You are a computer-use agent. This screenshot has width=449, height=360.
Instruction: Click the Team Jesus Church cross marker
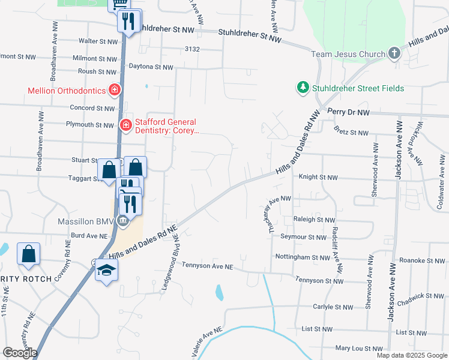click(394, 54)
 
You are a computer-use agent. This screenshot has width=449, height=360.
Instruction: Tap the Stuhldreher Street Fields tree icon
click(303, 88)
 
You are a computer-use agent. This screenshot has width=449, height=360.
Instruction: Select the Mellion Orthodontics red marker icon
click(115, 91)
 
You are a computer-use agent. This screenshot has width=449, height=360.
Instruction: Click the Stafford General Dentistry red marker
click(126, 125)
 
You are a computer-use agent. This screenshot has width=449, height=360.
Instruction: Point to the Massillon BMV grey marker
click(123, 222)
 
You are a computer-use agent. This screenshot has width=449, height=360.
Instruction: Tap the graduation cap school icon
click(106, 270)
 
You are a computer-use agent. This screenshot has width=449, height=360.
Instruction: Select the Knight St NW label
click(318, 178)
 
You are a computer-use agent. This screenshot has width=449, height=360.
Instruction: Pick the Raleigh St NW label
click(314, 220)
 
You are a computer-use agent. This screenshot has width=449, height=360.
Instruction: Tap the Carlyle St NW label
click(333, 307)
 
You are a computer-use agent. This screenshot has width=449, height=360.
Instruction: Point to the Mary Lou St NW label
click(359, 349)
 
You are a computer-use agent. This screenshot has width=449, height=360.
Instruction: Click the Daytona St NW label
click(155, 67)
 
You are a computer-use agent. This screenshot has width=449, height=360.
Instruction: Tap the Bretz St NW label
click(351, 132)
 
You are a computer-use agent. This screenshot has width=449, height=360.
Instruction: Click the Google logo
click(20, 353)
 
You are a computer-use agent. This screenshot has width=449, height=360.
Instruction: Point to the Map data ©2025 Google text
click(412, 355)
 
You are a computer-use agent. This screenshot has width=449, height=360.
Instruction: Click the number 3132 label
click(192, 49)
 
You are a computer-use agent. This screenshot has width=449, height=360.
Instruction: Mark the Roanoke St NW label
click(424, 261)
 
